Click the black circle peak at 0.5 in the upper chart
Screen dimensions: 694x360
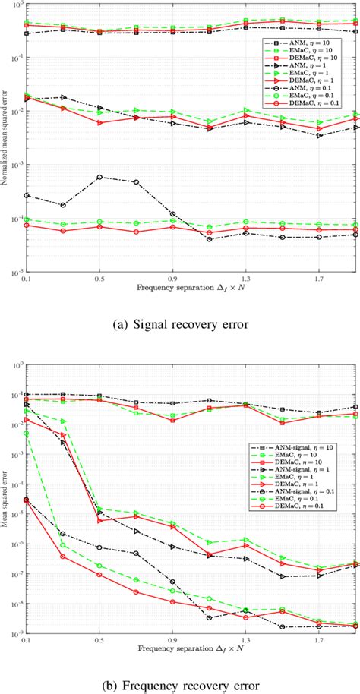pyautogui.click(x=99, y=177)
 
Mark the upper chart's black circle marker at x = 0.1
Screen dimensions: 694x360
pyautogui.click(x=27, y=195)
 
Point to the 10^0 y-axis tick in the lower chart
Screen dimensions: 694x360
pyautogui.click(x=17, y=364)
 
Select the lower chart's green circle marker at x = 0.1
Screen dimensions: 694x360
pyautogui.click(x=27, y=434)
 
